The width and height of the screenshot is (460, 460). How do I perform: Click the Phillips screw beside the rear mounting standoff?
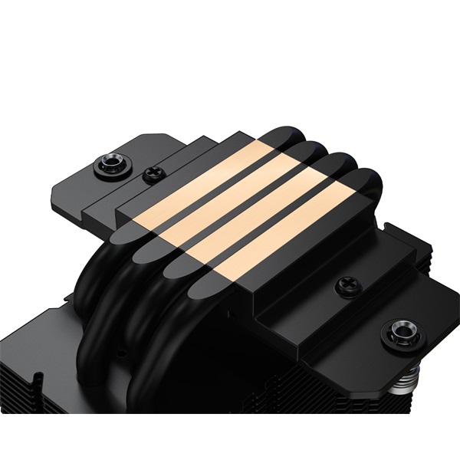(153, 174)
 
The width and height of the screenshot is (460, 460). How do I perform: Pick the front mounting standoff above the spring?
(400, 333)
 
